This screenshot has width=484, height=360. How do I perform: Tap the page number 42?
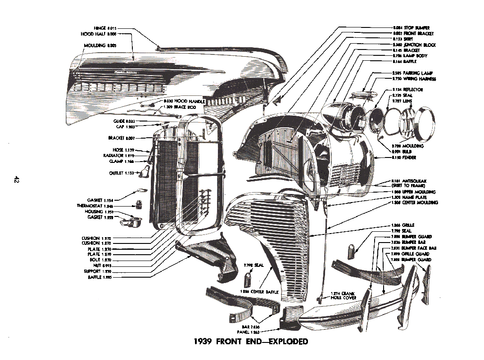pyautogui.click(x=16, y=180)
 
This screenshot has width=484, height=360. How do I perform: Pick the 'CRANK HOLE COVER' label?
pyautogui.click(x=344, y=295)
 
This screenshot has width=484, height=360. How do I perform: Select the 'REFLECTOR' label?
pyautogui.click(x=407, y=90)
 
